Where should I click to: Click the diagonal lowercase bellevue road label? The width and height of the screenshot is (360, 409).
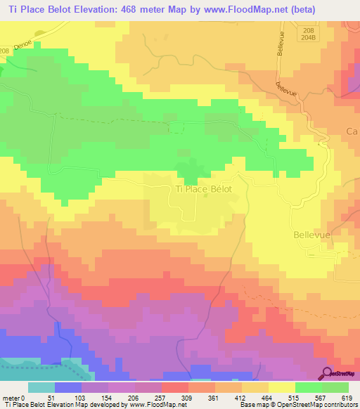coord(287,89)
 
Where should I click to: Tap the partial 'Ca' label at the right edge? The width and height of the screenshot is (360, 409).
coord(352,131)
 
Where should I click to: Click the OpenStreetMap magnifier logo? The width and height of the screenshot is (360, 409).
coord(328,375)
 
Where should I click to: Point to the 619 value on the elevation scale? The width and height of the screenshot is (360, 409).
coord(347,398)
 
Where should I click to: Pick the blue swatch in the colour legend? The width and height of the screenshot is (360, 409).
coord(68,387)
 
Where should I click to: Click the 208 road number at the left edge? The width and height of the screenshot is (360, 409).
coord(6,51)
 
